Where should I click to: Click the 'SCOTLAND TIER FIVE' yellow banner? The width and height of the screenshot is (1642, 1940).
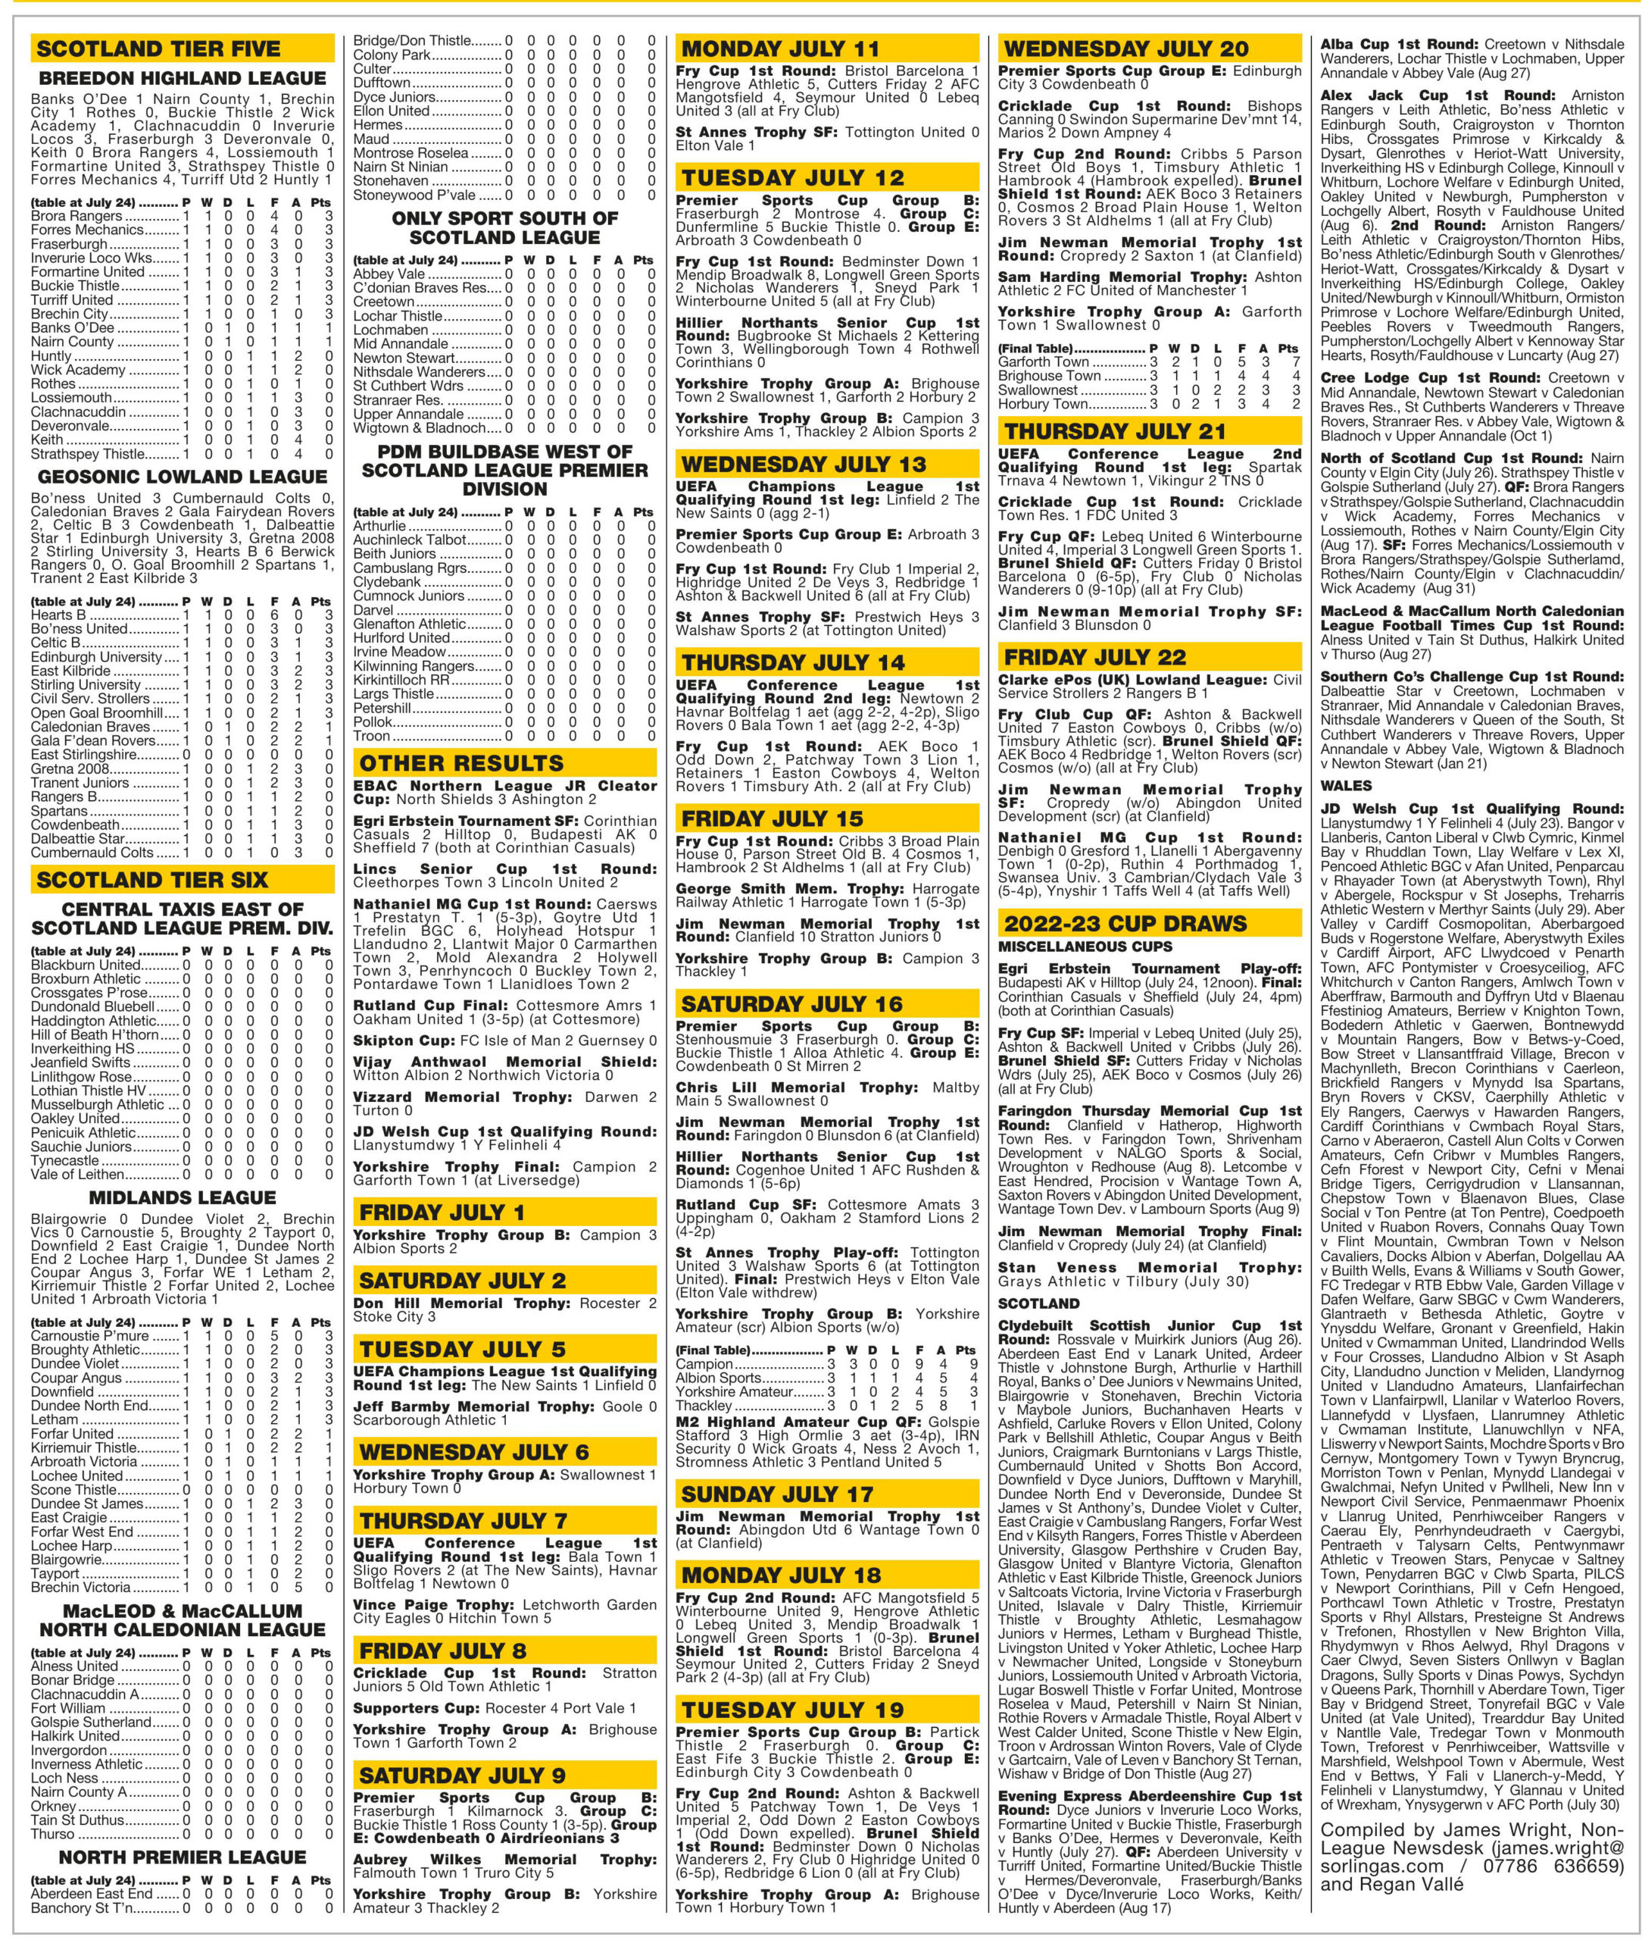click(158, 48)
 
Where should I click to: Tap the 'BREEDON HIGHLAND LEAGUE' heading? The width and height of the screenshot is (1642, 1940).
click(183, 78)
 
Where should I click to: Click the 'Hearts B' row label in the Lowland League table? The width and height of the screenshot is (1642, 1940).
click(58, 615)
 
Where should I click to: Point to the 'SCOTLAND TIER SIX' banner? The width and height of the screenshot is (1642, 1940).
click(151, 879)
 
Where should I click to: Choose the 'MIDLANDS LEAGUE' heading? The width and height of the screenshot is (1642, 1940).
click(183, 1197)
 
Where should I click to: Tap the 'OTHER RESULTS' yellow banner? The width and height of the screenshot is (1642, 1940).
click(462, 764)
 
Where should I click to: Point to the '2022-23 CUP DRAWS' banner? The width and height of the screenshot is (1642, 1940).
click(1125, 924)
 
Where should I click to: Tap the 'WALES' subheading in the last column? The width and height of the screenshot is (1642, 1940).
click(1345, 786)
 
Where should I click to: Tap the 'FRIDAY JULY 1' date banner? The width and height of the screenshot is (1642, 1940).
click(442, 1212)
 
